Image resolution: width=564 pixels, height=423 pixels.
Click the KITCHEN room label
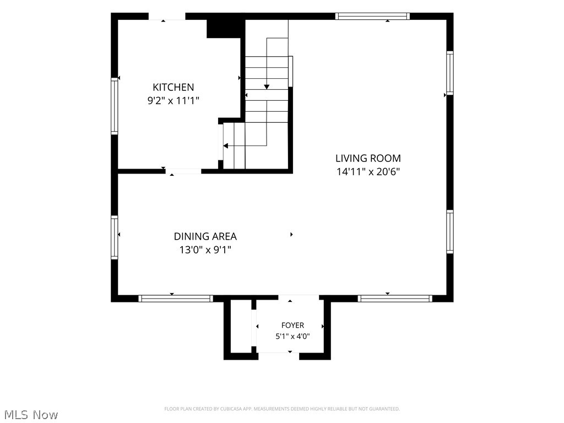(173, 87)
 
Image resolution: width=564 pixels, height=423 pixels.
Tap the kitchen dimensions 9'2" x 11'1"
(173, 100)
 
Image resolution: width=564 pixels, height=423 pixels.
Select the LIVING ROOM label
(368, 158)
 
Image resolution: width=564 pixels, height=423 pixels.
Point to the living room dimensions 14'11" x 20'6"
(368, 172)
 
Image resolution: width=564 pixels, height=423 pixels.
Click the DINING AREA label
(205, 236)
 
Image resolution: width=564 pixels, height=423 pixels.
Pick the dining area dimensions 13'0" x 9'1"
(205, 250)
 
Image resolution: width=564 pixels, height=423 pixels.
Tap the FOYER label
(292, 325)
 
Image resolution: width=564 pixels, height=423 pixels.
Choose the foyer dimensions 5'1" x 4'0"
(292, 337)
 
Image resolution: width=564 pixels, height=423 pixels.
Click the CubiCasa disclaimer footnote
(282, 409)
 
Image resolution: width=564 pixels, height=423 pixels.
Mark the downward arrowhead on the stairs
(267, 86)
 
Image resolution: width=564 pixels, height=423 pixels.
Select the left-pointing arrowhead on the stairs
(225, 145)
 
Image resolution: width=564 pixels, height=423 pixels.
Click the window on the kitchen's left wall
(115, 106)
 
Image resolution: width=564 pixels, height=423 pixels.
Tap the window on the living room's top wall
(372, 16)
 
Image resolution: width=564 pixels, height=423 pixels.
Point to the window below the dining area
(176, 298)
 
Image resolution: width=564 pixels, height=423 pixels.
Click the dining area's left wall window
(115, 237)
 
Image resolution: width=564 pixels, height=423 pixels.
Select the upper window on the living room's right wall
(450, 73)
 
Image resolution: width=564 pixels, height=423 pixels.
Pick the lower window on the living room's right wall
(450, 232)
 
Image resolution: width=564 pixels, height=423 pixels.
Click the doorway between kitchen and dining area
(183, 171)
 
